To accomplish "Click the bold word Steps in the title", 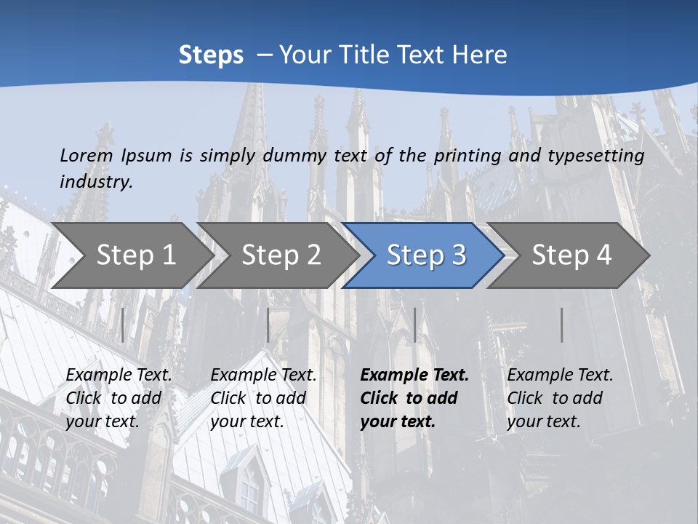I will point(211,55).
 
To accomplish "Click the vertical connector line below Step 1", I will point(123,325).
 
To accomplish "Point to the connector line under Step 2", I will point(268,325).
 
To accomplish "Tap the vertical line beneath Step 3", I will point(414,325).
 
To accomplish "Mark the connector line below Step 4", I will point(562,325).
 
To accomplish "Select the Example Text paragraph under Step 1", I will point(119,398).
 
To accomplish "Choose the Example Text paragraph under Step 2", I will point(263,398).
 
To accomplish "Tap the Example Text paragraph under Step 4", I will point(560,398).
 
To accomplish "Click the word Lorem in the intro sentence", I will point(87,155).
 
